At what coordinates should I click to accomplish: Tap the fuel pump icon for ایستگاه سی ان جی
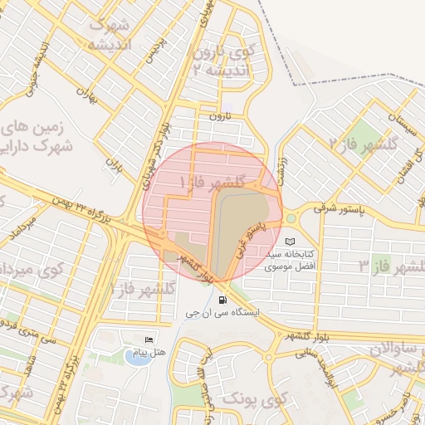[x=222, y=300]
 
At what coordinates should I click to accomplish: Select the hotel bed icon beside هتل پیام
[x=149, y=340]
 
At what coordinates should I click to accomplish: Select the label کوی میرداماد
[x=33, y=270]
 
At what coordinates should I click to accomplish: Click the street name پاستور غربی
[x=254, y=237]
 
